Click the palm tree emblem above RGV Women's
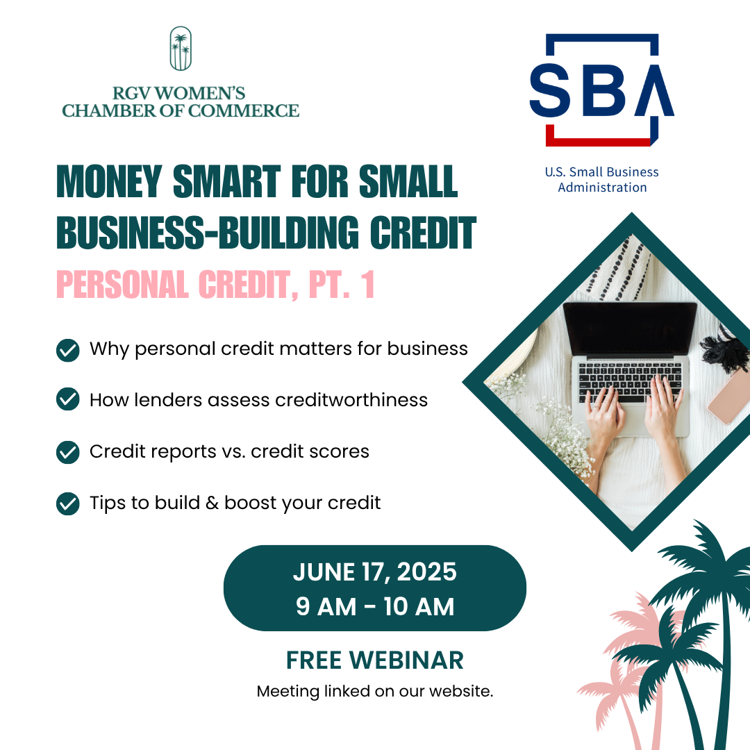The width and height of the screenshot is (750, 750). pyautogui.click(x=181, y=49)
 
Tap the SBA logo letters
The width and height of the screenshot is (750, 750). pyautogui.click(x=601, y=90)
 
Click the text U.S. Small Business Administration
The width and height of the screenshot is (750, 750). pyautogui.click(x=601, y=179)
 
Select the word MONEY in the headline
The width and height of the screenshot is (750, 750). pyautogui.click(x=109, y=181)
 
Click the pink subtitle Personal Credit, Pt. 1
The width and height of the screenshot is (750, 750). pyautogui.click(x=215, y=284)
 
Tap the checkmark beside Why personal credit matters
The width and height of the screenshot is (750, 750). pyautogui.click(x=68, y=350)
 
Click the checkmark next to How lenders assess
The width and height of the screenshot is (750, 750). pyautogui.click(x=68, y=399)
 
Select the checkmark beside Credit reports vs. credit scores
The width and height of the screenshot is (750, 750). pyautogui.click(x=68, y=452)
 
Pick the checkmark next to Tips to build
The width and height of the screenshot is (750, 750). pyautogui.click(x=68, y=503)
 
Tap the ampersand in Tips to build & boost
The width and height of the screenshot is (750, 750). pyautogui.click(x=212, y=503)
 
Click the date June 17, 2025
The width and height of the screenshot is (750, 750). pyautogui.click(x=375, y=572)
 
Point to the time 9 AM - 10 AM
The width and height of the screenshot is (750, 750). pyautogui.click(x=375, y=606)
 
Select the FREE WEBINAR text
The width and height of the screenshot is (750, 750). pyautogui.click(x=375, y=660)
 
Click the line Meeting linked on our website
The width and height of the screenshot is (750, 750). pyautogui.click(x=375, y=691)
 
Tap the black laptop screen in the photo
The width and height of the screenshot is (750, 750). pyautogui.click(x=631, y=329)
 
